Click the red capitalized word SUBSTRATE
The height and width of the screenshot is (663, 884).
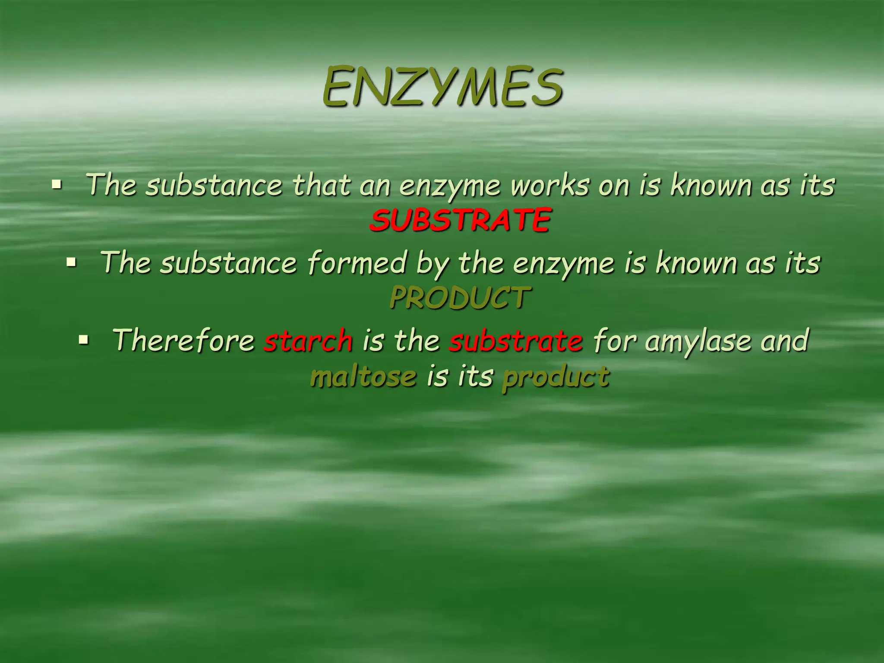[x=460, y=220]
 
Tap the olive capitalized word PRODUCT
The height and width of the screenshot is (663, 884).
[x=460, y=298]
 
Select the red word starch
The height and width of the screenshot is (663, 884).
[x=308, y=340]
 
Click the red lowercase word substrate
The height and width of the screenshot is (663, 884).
[x=516, y=340]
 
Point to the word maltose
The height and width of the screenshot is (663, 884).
[x=363, y=376]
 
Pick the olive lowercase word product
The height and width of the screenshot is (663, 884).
[x=556, y=376]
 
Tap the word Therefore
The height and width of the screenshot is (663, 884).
[x=183, y=340]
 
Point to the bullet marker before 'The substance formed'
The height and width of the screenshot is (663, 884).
[x=71, y=262]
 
